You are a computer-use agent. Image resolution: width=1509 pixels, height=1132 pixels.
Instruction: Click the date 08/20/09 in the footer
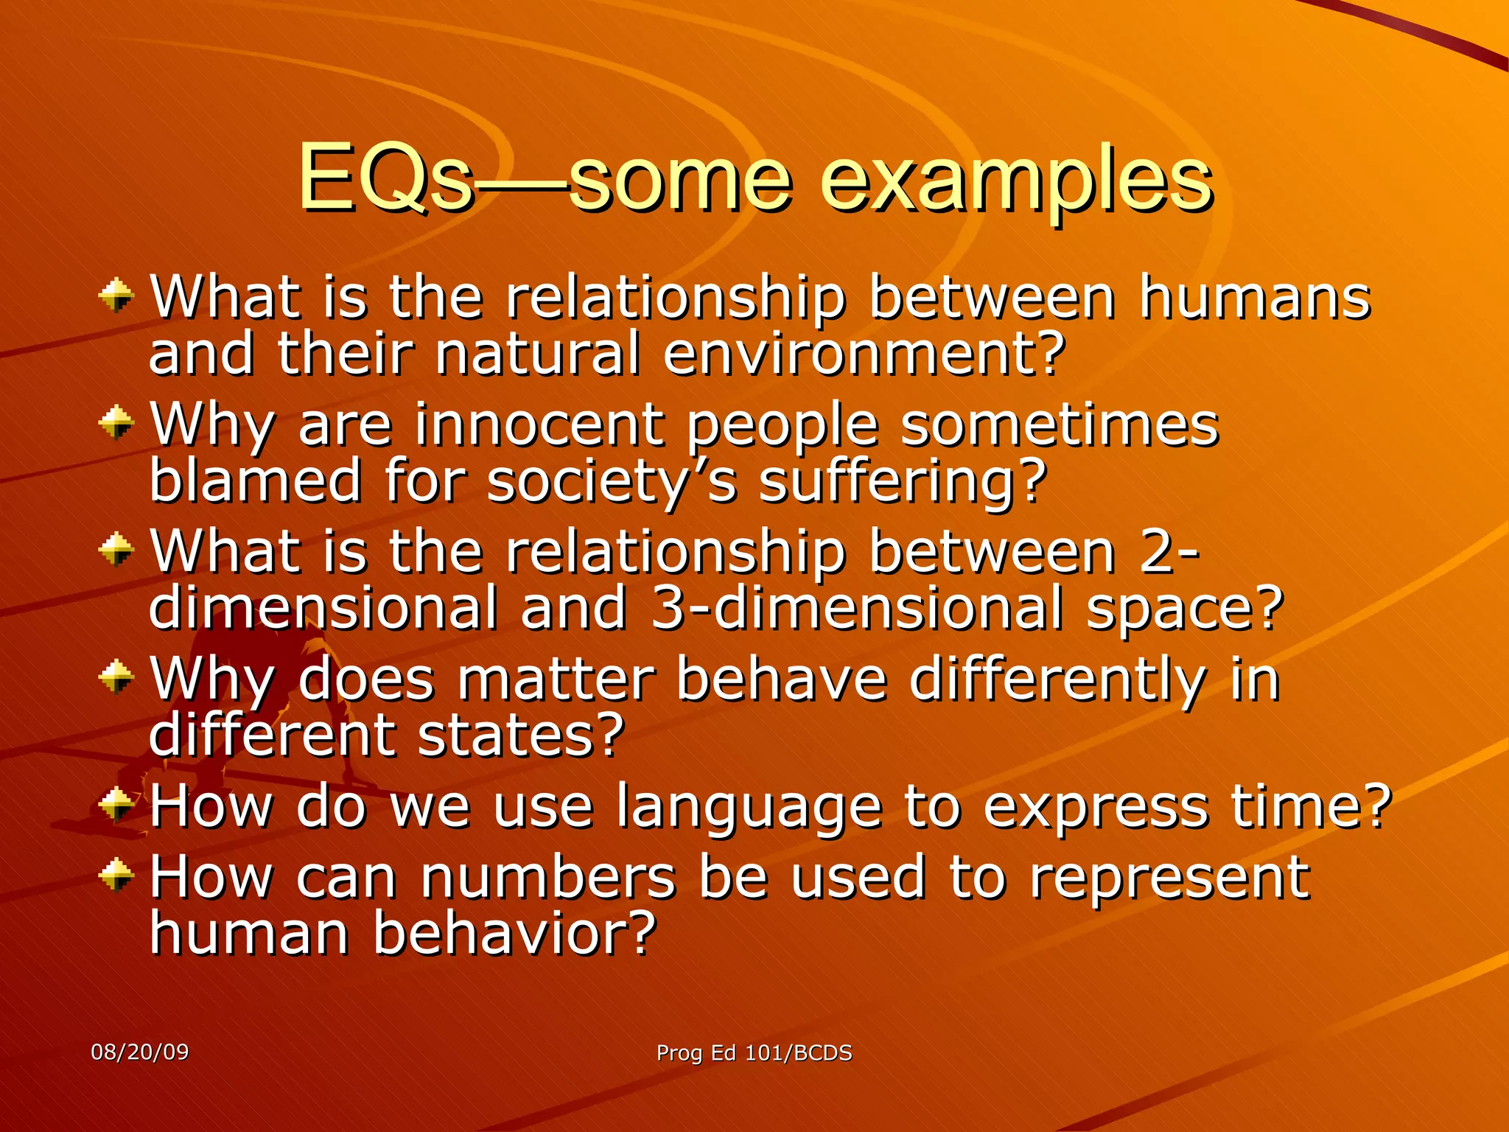pos(139,1052)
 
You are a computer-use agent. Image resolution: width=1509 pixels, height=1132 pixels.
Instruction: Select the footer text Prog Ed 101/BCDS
pos(754,1052)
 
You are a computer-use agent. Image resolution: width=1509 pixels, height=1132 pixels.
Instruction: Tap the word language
pos(749,806)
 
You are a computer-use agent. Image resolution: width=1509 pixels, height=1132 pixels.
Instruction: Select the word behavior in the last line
pos(514,933)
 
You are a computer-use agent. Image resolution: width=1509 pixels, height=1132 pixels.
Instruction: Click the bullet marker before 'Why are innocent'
pos(116,423)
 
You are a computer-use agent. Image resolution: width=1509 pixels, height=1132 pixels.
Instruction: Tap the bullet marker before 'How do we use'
pos(116,805)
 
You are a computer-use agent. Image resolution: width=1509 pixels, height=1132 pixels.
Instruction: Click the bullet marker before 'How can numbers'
pos(116,876)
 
